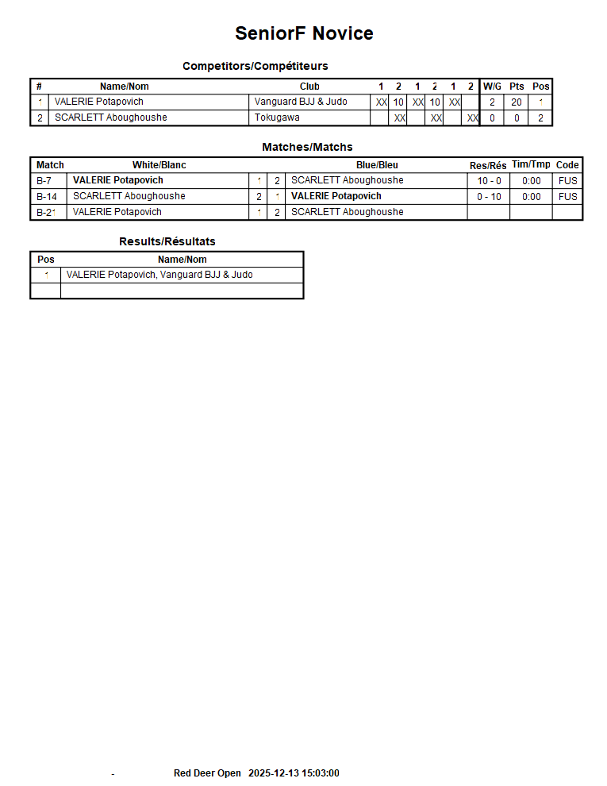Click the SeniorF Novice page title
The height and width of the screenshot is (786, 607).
(x=304, y=33)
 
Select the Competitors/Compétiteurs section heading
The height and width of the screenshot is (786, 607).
(x=255, y=66)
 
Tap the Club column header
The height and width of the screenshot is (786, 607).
(x=309, y=87)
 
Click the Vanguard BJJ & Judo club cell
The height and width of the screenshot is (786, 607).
(x=301, y=102)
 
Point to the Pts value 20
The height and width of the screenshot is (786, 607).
(x=517, y=102)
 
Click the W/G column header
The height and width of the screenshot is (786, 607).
(x=492, y=87)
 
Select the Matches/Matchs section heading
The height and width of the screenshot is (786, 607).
(x=307, y=147)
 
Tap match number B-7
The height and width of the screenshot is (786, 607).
(x=44, y=181)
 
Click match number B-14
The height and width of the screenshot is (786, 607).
(x=47, y=197)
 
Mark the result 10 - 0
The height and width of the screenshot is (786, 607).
(x=489, y=181)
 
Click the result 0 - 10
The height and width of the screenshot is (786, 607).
(x=489, y=197)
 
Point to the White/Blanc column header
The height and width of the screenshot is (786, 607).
(x=159, y=165)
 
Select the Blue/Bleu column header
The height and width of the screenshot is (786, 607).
(x=377, y=165)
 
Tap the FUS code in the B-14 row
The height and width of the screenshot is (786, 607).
(x=567, y=197)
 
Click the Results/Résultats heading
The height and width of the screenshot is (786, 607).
(x=167, y=241)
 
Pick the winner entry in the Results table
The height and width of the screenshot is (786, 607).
(x=159, y=275)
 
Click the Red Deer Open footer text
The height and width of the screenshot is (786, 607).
(x=207, y=773)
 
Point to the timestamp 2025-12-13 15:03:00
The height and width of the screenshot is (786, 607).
(x=294, y=773)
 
